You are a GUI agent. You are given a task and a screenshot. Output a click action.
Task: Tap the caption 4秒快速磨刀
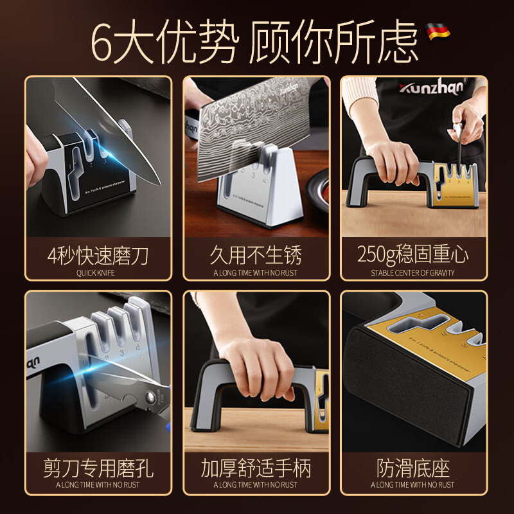pos(98,255)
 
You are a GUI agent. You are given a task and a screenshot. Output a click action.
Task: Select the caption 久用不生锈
pos(256,255)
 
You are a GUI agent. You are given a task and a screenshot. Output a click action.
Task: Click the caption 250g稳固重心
pos(412,255)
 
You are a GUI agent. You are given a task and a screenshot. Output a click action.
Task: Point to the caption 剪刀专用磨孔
pos(98,468)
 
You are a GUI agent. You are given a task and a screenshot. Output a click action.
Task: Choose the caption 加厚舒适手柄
pos(256,468)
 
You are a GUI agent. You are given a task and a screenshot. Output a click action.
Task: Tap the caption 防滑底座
pos(412,468)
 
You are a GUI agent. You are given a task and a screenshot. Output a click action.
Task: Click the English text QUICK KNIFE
pos(98,272)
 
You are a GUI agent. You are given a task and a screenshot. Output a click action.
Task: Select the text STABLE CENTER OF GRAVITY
pos(412,272)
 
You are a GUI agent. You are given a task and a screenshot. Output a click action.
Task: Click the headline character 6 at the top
pos(105,40)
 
